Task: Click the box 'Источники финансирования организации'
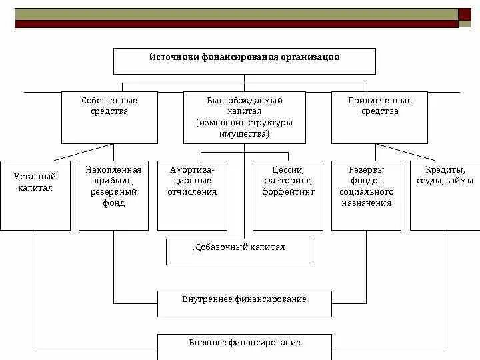coord(244,61)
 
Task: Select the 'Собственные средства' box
coord(109,117)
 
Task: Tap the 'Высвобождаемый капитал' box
coord(244,117)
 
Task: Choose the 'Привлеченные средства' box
coord(379,117)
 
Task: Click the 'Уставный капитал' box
coord(35,195)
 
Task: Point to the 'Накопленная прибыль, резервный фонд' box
coord(113,195)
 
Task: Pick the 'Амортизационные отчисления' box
coord(192,195)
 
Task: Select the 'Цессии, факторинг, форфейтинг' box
coord(287,195)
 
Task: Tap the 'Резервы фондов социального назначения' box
coord(366,195)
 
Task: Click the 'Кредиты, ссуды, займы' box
coord(445,195)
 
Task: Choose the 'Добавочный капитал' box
coord(239,251)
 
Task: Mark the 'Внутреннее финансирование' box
coord(244,303)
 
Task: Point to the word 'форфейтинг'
coord(288,192)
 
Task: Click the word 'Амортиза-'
coord(193,169)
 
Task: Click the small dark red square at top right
coord(465,14)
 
